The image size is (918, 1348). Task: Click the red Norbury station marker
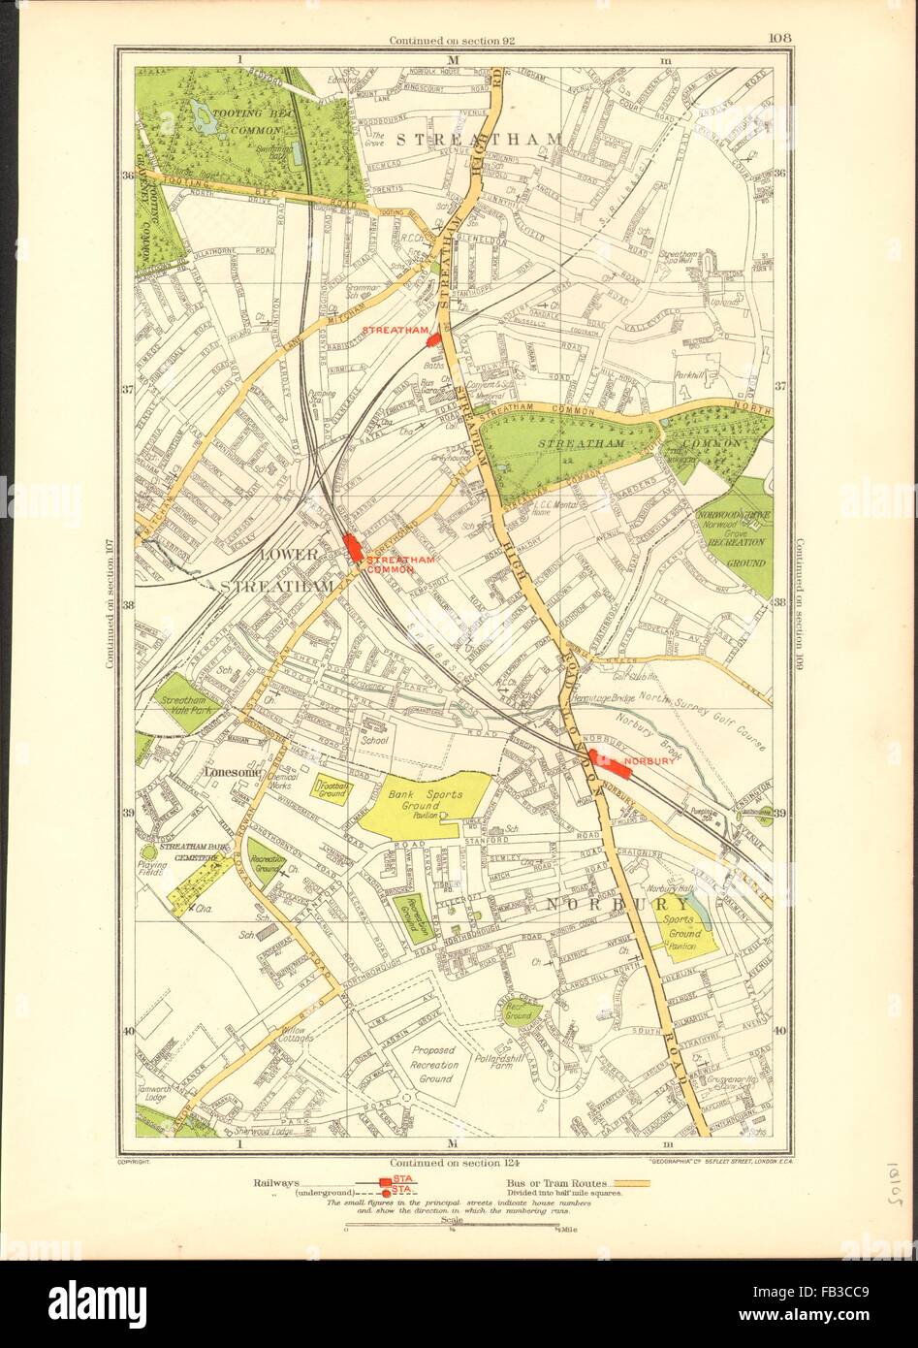pos(605,763)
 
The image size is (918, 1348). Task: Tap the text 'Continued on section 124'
pos(451,1161)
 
